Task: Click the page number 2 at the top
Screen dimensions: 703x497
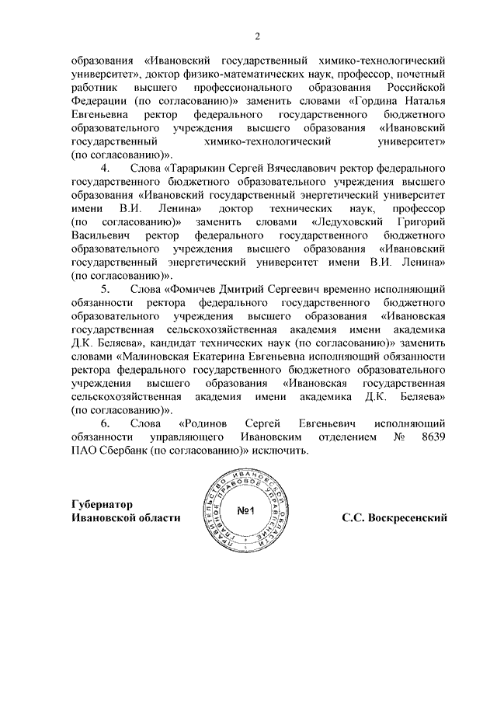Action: [x=258, y=36]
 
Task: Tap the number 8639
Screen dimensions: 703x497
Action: [x=432, y=437]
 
